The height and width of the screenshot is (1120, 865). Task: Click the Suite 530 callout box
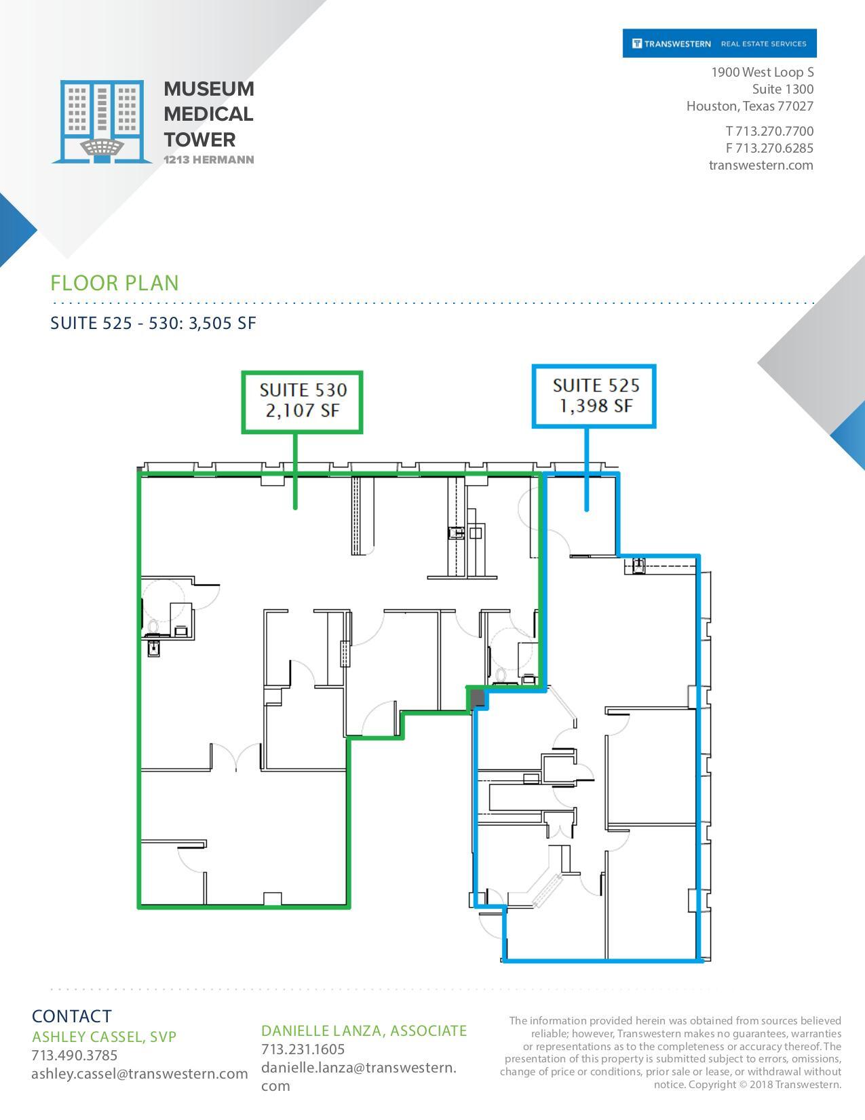click(x=303, y=402)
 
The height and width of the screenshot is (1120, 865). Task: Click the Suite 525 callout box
click(x=594, y=396)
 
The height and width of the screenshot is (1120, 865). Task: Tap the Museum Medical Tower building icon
click(x=102, y=121)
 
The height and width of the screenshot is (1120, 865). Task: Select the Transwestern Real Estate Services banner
click(x=719, y=43)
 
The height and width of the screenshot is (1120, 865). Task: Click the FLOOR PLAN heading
click(x=115, y=283)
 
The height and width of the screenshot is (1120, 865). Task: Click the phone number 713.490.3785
click(x=75, y=1056)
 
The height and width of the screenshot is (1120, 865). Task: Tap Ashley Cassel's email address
click(x=139, y=1074)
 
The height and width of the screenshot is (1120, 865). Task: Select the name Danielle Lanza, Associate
click(x=364, y=1031)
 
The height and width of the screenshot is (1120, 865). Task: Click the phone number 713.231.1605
click(x=303, y=1049)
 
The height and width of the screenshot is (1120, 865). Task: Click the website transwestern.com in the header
click(x=761, y=165)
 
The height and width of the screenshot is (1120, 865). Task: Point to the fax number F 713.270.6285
click(x=769, y=148)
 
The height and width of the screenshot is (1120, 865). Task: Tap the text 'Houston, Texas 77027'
click(x=750, y=106)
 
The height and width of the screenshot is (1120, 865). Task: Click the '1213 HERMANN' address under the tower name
click(x=209, y=160)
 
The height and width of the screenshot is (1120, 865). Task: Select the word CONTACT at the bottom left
click(x=71, y=1016)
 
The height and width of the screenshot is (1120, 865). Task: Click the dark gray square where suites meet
click(x=478, y=698)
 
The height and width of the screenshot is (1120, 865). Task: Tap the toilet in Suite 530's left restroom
click(x=153, y=625)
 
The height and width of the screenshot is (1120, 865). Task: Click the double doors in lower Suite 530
click(x=236, y=758)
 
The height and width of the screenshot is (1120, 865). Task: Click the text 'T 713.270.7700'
click(x=769, y=131)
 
